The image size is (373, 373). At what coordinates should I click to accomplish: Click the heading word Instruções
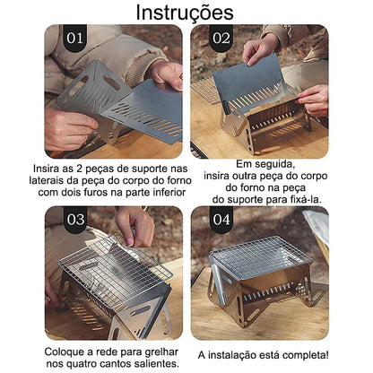point(186,13)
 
